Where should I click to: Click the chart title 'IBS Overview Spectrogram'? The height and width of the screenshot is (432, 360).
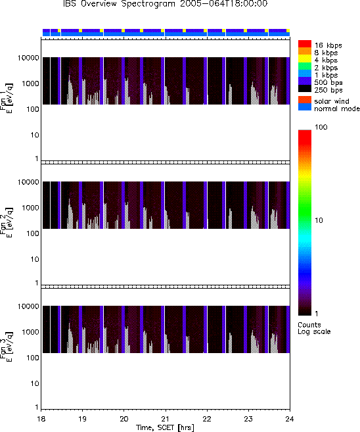point(120,3)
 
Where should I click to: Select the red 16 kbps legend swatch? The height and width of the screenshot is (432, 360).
point(305,44)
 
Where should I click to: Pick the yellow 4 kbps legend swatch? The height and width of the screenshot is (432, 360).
point(305,59)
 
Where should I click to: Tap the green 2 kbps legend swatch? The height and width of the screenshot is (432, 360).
point(305,66)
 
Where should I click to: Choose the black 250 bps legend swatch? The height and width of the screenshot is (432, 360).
point(305,89)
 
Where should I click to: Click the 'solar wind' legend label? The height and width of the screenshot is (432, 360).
point(332,101)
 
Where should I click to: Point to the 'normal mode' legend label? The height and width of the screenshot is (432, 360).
point(337,108)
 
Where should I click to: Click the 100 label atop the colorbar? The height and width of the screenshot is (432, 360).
point(321,127)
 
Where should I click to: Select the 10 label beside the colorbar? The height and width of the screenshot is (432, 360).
point(319,220)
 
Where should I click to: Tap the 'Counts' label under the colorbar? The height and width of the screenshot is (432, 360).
point(309,325)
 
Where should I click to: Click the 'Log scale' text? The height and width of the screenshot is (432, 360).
point(314,331)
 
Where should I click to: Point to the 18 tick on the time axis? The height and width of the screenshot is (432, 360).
point(41,419)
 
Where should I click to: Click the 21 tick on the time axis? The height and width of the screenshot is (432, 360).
point(166,419)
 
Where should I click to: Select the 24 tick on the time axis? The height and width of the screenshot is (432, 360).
point(290,419)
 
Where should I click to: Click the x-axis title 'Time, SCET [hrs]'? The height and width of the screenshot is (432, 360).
point(165,427)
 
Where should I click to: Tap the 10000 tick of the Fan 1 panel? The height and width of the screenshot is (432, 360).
point(28,58)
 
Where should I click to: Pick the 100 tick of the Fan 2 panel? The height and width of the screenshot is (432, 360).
point(33,233)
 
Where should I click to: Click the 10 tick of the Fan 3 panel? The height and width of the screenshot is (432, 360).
point(35,383)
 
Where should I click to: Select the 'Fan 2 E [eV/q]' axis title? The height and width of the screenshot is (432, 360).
point(7,223)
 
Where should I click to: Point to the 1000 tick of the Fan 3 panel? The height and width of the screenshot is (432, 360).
point(31,332)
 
